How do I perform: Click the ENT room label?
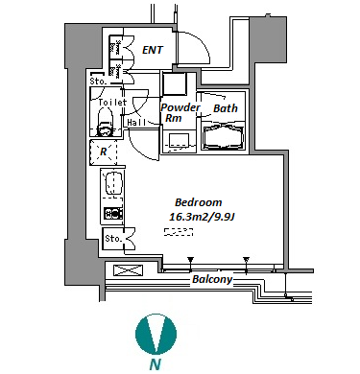point(153,50)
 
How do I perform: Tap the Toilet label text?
point(112,103)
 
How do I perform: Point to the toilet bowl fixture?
point(105,123)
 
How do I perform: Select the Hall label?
point(136,123)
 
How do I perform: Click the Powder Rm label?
point(180,112)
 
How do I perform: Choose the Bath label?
point(226,108)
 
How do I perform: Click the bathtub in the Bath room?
point(224,137)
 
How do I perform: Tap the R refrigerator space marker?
point(103,152)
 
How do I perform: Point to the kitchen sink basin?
point(113,183)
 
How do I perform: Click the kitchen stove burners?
point(113,213)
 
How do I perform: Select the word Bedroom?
point(199,202)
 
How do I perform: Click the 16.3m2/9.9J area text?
point(202,217)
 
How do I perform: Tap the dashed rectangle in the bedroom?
point(179,232)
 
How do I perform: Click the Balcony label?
point(212,279)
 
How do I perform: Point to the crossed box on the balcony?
point(128,270)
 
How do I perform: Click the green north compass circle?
point(156,334)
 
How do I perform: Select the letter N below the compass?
point(156,364)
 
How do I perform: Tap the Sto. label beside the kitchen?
point(113,239)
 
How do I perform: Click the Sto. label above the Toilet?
point(98,82)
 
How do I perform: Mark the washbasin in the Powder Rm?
point(180,141)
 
